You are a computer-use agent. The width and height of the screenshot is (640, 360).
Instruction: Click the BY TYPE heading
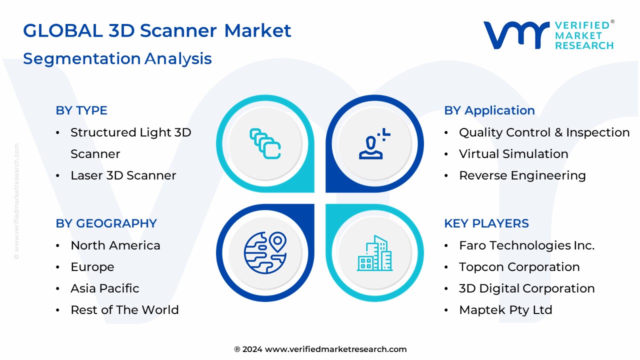(81, 110)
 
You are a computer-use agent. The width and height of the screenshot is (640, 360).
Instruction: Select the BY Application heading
(489, 110)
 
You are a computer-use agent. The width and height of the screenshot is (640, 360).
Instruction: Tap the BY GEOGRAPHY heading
(106, 223)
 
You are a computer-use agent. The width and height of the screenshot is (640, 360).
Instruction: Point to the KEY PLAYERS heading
(486, 223)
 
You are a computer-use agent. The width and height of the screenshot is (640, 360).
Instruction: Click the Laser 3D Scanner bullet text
(123, 175)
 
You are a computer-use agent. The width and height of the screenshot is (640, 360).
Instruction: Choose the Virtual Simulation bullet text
(513, 154)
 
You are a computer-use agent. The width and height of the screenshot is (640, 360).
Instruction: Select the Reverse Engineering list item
(522, 175)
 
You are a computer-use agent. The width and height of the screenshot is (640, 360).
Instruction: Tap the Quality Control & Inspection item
(544, 132)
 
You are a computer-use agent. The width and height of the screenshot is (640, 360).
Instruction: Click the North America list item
(115, 245)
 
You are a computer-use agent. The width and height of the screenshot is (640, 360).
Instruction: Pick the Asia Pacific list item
(105, 288)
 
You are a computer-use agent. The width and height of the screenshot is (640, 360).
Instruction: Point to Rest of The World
(124, 310)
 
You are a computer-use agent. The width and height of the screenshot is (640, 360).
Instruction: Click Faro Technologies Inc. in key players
(527, 245)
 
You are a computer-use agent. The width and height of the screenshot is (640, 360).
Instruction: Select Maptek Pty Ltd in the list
(505, 310)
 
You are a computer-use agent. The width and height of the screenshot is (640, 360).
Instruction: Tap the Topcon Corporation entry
(519, 267)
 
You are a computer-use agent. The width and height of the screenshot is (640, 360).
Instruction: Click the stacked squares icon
(265, 144)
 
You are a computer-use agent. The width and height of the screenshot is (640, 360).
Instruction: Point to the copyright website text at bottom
(320, 349)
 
